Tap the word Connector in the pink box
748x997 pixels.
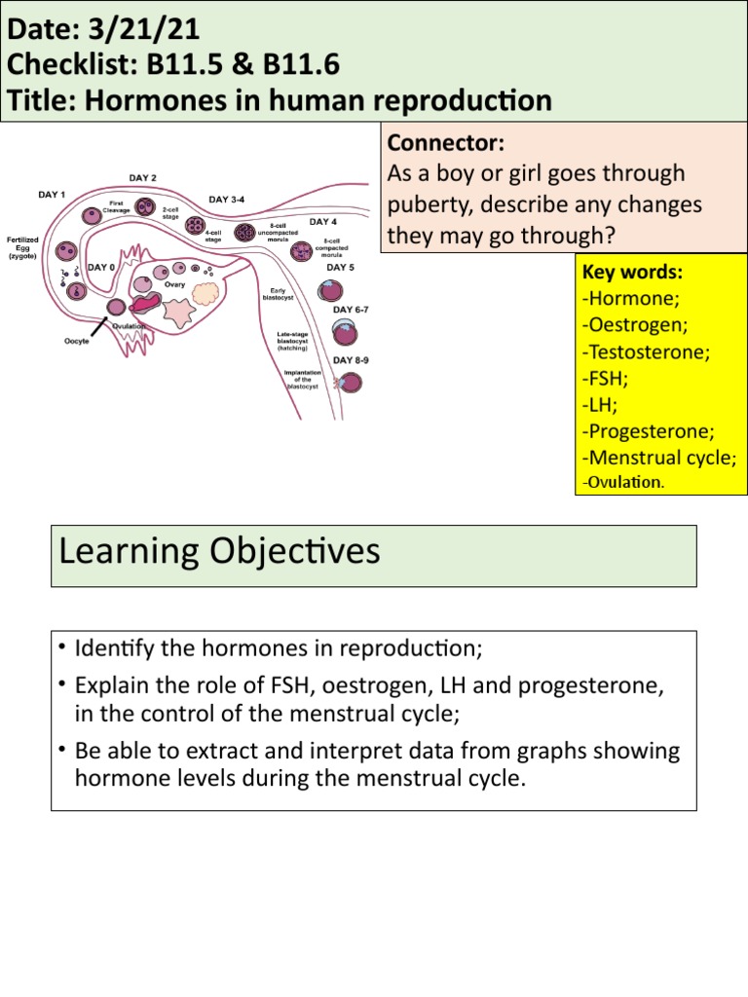pos(445,143)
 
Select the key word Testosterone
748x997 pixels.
pos(644,351)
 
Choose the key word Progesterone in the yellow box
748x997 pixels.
pos(647,430)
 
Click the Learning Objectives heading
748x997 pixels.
pos(219,552)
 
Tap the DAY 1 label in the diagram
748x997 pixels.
pos(52,195)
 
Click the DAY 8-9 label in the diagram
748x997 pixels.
pos(351,359)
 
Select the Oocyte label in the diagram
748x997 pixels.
pos(72,341)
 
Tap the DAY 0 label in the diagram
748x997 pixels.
pos(102,266)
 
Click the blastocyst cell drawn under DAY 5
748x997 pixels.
pos(331,289)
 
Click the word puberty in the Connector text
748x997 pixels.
pos(430,206)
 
